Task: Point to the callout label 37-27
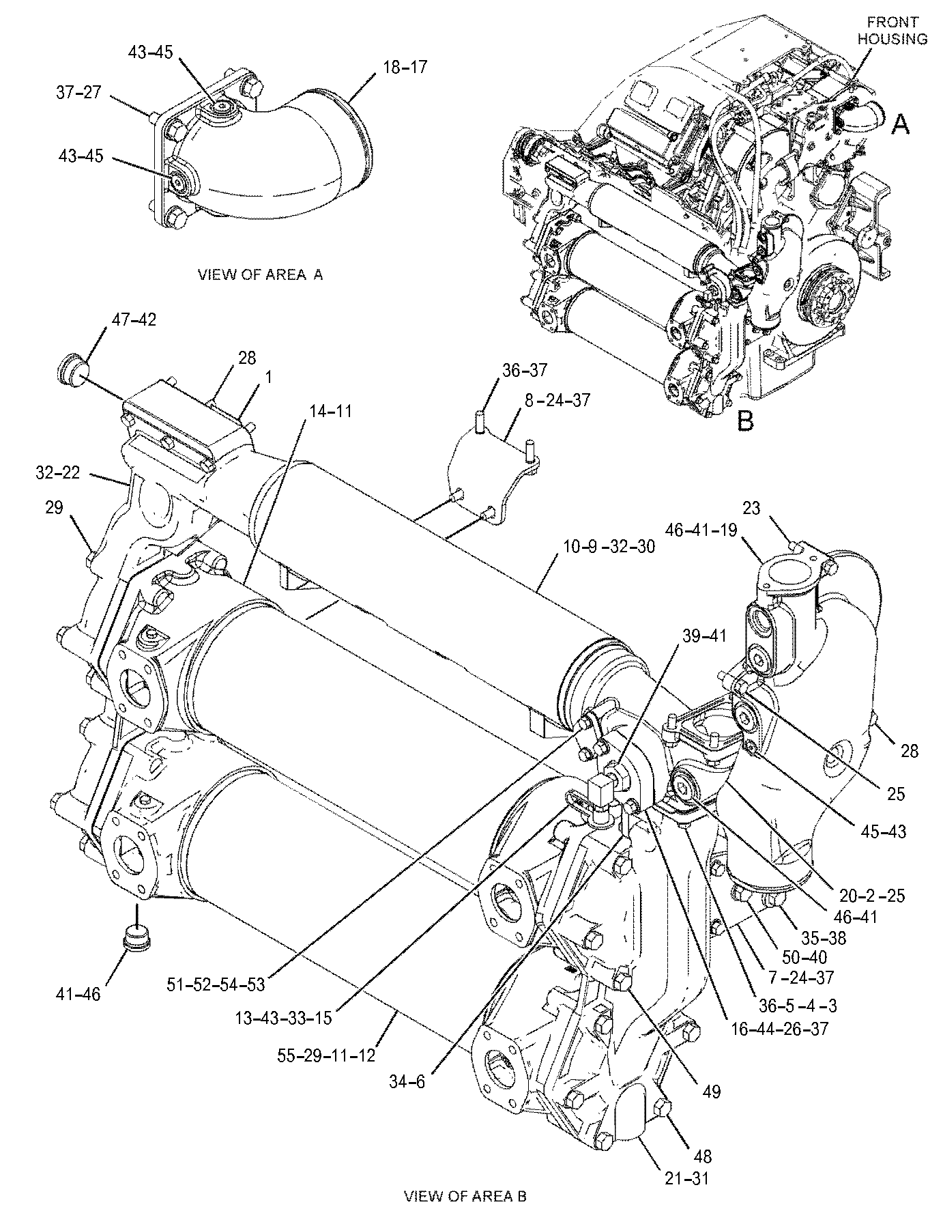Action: (78, 92)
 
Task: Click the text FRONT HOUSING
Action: (892, 30)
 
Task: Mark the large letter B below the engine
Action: (746, 421)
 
